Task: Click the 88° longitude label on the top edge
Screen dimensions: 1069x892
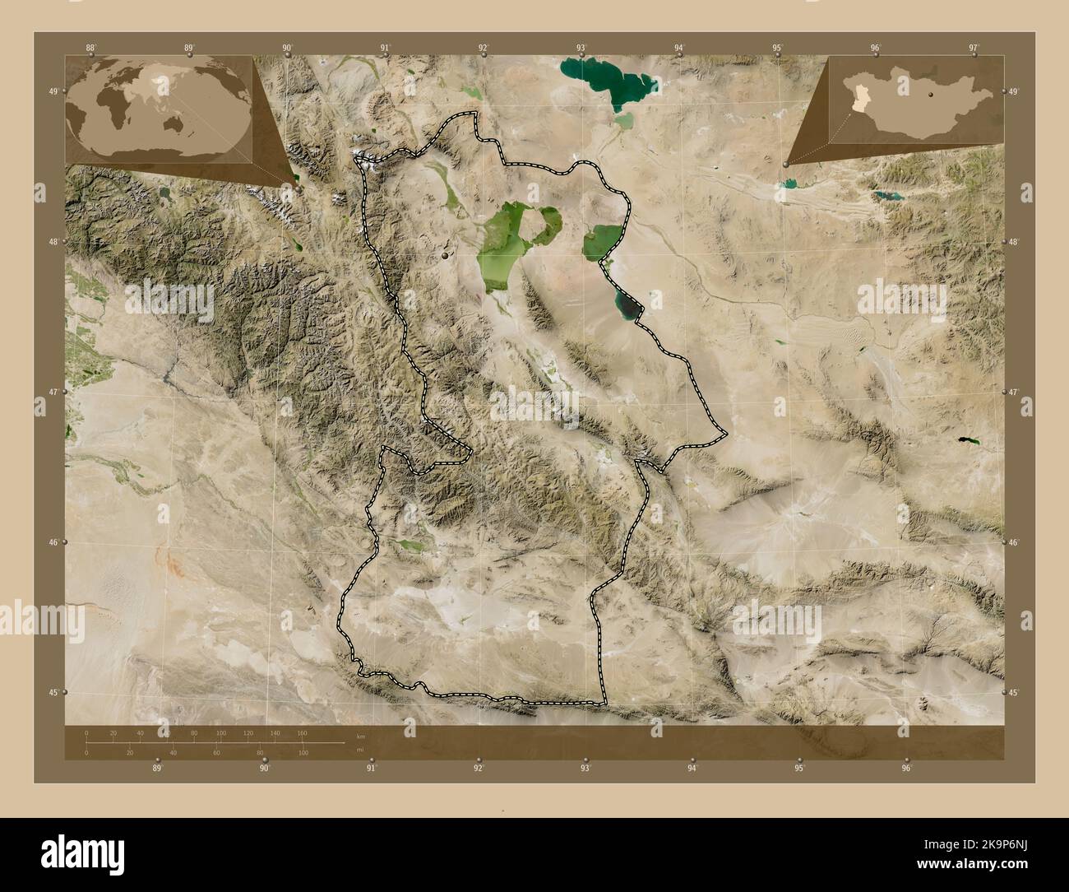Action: pyautogui.click(x=90, y=48)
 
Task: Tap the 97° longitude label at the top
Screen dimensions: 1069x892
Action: pyautogui.click(x=974, y=48)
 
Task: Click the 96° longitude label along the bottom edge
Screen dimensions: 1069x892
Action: pyautogui.click(x=906, y=768)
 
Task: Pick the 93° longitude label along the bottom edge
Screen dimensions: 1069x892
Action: pyautogui.click(x=585, y=768)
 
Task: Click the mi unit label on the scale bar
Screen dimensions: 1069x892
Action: pyautogui.click(x=359, y=751)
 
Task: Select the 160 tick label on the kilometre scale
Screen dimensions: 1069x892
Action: pyautogui.click(x=302, y=733)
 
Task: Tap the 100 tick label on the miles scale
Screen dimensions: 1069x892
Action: pyautogui.click(x=303, y=753)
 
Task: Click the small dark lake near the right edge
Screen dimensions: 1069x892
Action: pyautogui.click(x=968, y=441)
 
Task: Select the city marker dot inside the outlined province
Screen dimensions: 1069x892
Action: pyautogui.click(x=446, y=257)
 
